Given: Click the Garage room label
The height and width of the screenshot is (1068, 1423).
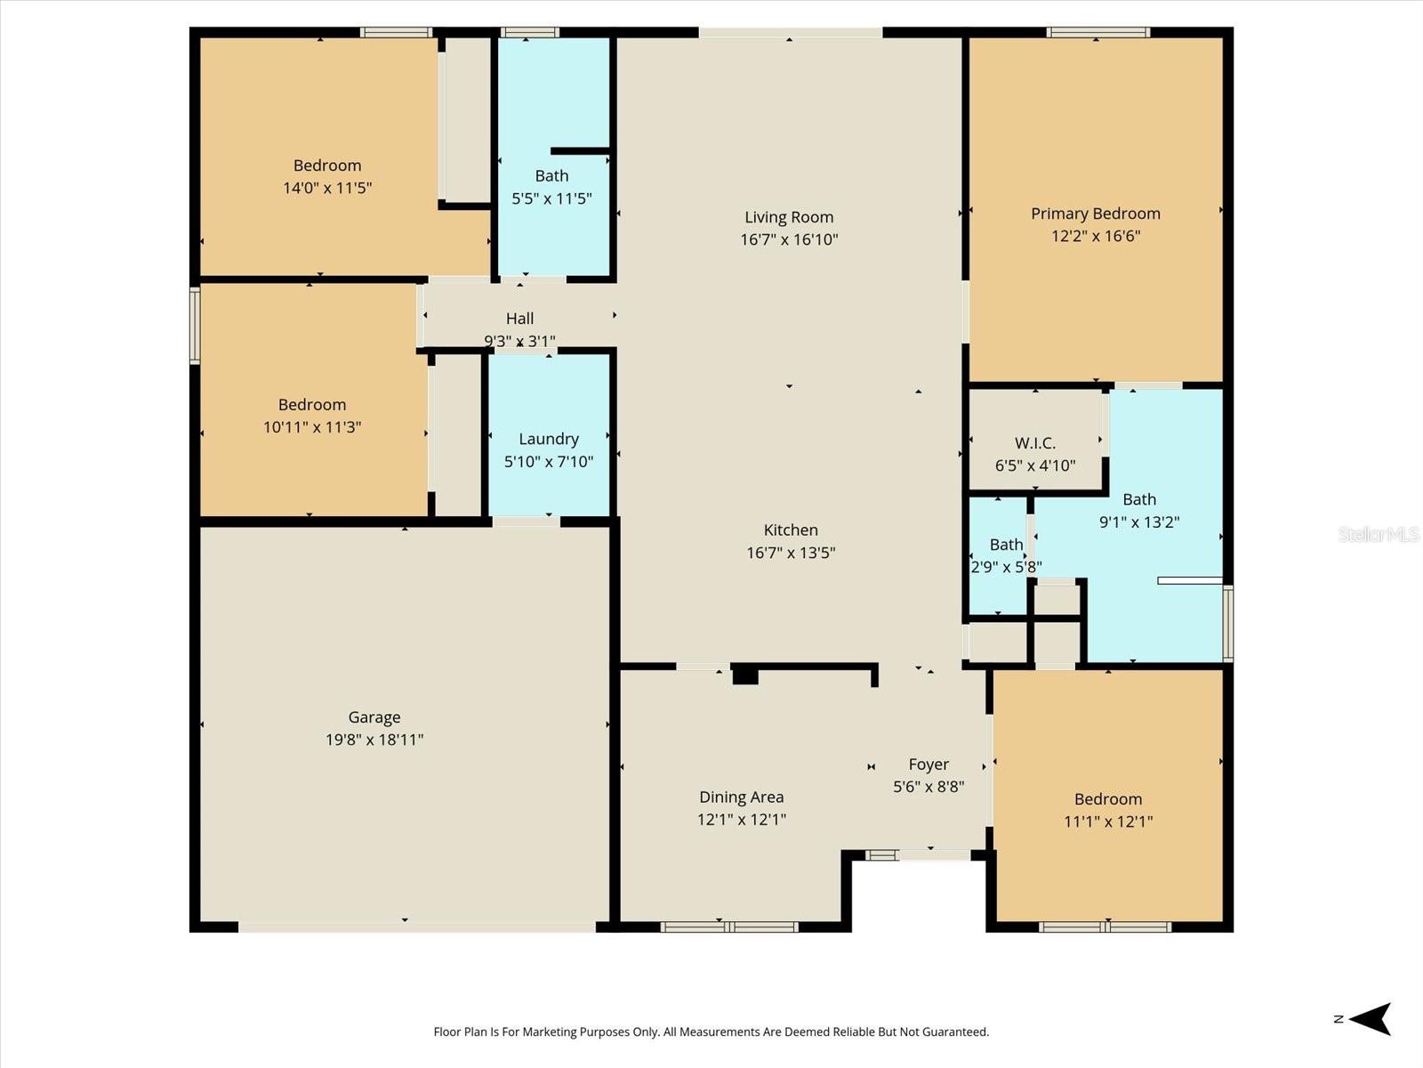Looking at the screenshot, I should pos(374,716).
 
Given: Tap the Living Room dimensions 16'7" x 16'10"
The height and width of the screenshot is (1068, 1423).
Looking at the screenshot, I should pos(789,239).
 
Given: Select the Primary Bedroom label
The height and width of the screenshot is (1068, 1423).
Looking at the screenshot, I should pos(1095,214).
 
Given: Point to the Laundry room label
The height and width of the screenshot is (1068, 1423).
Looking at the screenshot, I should pos(548,439).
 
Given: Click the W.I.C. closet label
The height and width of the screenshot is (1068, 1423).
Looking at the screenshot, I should pos(1034,443).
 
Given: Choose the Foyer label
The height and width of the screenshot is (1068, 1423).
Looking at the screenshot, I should pos(929,765).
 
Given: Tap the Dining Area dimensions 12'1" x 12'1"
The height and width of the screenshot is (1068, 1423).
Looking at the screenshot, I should pos(741,820).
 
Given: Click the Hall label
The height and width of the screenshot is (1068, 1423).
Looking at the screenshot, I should pos(519,319).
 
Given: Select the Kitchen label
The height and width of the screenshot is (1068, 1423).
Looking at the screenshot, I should pos(790,530).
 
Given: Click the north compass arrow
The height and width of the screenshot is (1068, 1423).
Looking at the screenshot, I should pos(1370,1019).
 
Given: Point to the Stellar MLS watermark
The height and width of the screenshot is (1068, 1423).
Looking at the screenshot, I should pos(1378,534).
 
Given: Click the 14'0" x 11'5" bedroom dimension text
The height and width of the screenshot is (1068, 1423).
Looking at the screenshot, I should pos(326,188).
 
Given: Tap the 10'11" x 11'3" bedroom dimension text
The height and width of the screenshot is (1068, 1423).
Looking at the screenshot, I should pos(311,427).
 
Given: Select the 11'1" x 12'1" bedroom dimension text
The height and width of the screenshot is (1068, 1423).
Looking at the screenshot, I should pos(1107,821).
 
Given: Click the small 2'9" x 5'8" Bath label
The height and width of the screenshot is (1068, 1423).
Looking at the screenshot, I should pos(1006,545).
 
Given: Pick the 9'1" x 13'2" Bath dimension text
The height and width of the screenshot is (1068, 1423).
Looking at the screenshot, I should pos(1138,522).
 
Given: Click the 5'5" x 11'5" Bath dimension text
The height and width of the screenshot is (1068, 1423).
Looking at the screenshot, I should pos(551,198).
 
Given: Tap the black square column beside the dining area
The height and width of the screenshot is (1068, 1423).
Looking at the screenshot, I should pos(744,676).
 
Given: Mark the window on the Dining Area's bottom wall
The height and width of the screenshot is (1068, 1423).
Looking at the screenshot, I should pos(728,926).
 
